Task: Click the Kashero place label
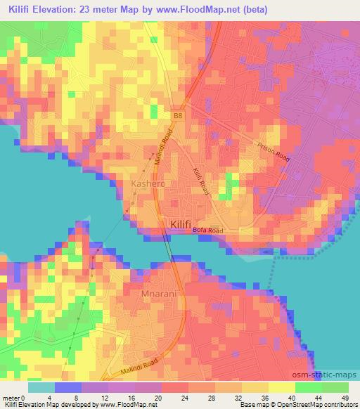[148, 183]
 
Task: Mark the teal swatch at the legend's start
[41, 387]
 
